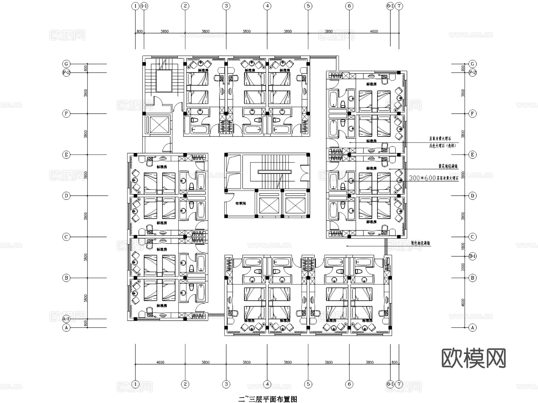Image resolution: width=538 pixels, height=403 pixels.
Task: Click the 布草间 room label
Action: click(240, 203)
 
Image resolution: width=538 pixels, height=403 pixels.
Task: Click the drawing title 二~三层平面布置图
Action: click(268, 399)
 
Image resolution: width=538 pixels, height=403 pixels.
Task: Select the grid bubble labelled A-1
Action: click(66, 319)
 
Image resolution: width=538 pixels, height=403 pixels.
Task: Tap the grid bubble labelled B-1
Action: click(472, 256)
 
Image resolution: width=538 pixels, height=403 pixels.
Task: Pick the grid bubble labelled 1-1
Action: click(144, 6)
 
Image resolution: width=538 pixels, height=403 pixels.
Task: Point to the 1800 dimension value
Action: click(463, 246)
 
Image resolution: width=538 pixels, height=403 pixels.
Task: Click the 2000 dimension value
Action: click(463, 267)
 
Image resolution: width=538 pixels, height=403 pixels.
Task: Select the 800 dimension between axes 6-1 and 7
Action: click(394, 362)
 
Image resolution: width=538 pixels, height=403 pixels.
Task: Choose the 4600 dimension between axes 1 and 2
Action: click(160, 362)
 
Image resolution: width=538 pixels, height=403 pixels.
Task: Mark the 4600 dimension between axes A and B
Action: click(463, 302)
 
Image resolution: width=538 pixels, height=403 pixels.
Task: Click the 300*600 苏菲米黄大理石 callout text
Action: click(433, 178)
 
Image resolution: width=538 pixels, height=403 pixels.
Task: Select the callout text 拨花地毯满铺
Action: click(448, 166)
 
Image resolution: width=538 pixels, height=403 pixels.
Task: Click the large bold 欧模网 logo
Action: click(473, 358)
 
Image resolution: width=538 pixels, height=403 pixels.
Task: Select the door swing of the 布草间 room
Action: click(229, 196)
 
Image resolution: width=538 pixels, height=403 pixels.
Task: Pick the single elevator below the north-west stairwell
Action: click(158, 124)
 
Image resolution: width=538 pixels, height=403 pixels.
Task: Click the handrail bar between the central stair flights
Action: click(274, 171)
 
